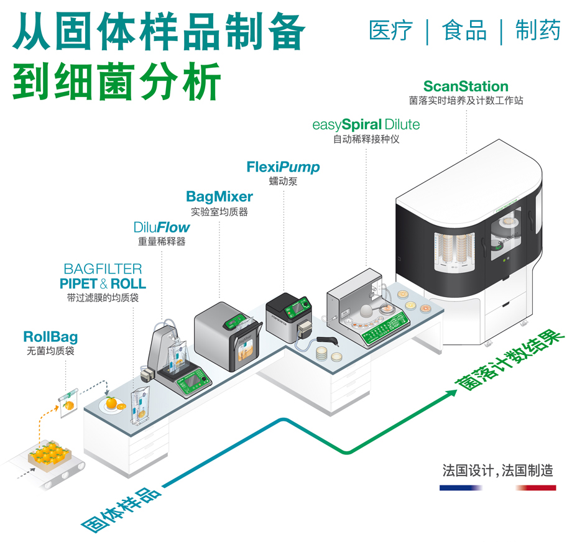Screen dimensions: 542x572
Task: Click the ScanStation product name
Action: [x=466, y=86]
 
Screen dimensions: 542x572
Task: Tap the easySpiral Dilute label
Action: [x=366, y=124]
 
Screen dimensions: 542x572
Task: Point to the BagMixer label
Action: [x=219, y=197]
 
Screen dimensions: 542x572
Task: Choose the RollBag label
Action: [x=50, y=338]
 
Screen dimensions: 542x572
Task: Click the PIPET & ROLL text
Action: [x=103, y=284]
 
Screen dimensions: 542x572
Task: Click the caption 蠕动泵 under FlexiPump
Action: [x=283, y=181]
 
